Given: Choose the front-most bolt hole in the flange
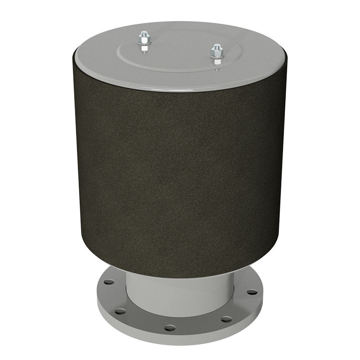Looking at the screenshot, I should click(x=170, y=328).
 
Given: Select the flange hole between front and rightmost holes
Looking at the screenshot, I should click(x=226, y=319).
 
